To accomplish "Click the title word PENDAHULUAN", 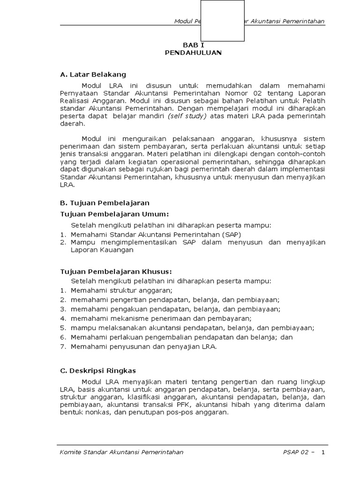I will click(x=193, y=53).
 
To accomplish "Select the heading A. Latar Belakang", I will click(x=93, y=75).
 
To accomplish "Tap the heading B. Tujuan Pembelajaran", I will click(x=105, y=203).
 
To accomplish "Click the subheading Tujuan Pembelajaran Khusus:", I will click(x=116, y=271).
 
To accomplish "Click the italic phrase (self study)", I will click(x=187, y=116).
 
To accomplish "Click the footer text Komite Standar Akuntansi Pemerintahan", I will click(x=122, y=452).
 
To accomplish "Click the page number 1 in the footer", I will click(x=322, y=452).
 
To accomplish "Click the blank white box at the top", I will click(x=222, y=21).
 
